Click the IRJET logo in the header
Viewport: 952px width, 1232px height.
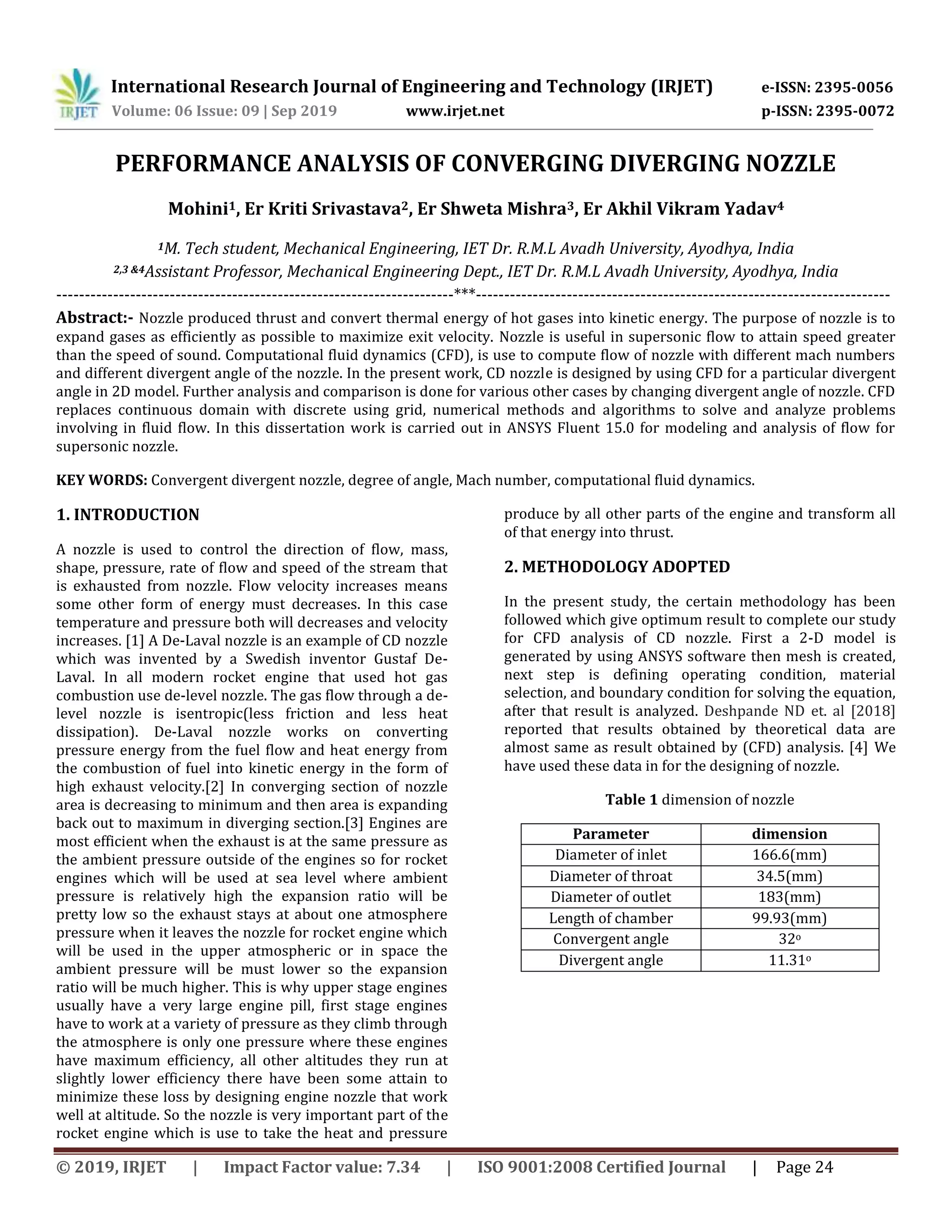[77, 94]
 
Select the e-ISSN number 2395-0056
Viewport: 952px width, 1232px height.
[854, 87]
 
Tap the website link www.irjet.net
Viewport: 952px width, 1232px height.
[455, 111]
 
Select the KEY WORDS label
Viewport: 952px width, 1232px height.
[101, 480]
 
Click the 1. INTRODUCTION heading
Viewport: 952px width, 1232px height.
[128, 515]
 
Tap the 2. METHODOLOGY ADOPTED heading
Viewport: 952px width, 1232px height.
[616, 567]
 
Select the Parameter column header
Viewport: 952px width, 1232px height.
[610, 834]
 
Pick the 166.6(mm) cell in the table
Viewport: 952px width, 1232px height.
[789, 854]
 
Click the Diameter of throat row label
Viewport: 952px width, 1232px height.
[610, 876]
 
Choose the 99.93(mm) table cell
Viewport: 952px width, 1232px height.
[789, 918]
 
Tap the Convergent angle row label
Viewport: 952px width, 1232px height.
[610, 939]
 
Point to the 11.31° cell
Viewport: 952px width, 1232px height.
[789, 960]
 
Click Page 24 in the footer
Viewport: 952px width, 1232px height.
[804, 1166]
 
